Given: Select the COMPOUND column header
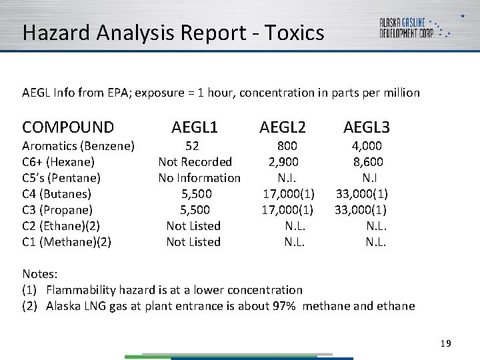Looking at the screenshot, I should pyautogui.click(x=68, y=127).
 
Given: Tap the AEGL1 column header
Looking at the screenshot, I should pyautogui.click(x=195, y=127).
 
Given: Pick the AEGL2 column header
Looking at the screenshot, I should pyautogui.click(x=283, y=127).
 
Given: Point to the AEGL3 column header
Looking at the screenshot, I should pyautogui.click(x=366, y=127).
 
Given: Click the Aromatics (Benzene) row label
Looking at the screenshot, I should pyautogui.click(x=79, y=146).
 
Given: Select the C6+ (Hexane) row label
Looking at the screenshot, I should pyautogui.click(x=59, y=162).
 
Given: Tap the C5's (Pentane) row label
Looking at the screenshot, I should pyautogui.click(x=61, y=178).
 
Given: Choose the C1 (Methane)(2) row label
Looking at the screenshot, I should pyautogui.click(x=67, y=242).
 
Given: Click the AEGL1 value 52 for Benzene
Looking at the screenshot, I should pyautogui.click(x=192, y=146).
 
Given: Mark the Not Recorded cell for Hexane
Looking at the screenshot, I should pyautogui.click(x=195, y=162).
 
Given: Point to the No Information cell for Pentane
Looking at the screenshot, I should pyautogui.click(x=199, y=178).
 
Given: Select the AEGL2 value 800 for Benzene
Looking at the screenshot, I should pyautogui.click(x=287, y=146).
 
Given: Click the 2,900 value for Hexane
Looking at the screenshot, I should pyautogui.click(x=283, y=162).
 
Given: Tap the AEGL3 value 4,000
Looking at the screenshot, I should pyautogui.click(x=367, y=146).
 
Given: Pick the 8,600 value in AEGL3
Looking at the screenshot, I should pyautogui.click(x=367, y=162).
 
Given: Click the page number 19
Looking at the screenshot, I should pyautogui.click(x=446, y=343).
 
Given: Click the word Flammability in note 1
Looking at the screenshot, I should pyautogui.click(x=83, y=290).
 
